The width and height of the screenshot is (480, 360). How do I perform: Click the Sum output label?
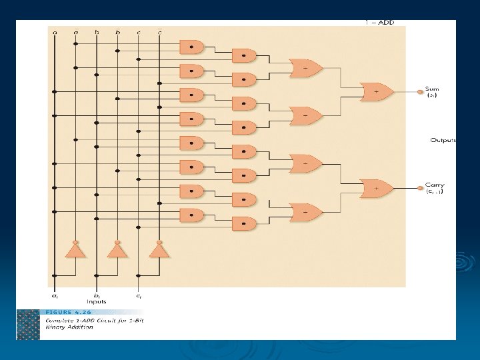pos(433,89)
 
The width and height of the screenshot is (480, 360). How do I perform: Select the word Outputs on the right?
pos(443,140)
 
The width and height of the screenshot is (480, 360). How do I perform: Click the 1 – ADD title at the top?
pos(379,23)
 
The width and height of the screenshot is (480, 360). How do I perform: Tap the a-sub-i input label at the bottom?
pos(55,295)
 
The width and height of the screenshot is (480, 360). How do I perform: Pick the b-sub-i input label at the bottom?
pos(97,295)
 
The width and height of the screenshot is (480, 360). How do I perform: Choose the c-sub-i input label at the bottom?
pos(138,295)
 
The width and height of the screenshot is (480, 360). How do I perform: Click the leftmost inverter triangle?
pos(75,251)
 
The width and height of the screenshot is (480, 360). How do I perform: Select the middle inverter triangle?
pos(117,251)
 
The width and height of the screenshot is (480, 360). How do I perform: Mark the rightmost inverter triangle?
pos(159,251)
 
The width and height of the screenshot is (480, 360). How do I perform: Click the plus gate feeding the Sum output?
pos(376,92)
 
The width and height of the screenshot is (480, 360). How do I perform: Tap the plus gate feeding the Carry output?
pos(376,189)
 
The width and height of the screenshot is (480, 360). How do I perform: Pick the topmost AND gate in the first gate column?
pos(191,46)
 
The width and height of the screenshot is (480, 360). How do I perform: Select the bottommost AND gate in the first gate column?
pos(191,215)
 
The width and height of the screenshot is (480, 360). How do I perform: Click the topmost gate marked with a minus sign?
pos(305,68)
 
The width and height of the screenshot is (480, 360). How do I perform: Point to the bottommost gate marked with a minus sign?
pos(305,212)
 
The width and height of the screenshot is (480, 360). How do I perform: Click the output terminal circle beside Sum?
pos(420,92)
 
